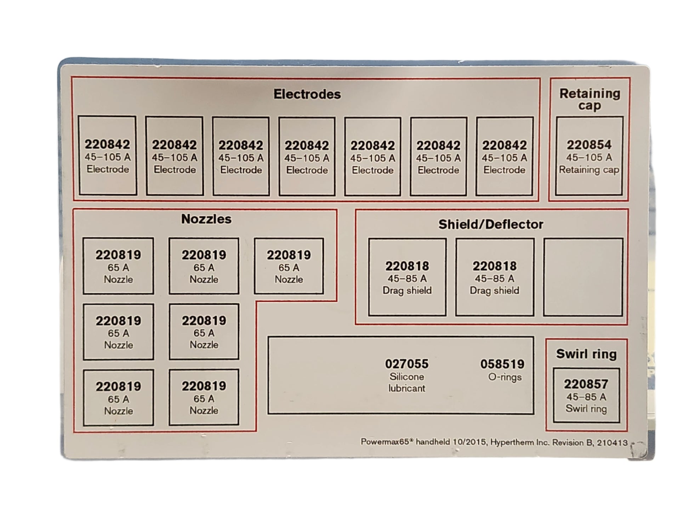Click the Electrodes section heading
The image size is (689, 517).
[307, 94]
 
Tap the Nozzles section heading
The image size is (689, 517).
[206, 219]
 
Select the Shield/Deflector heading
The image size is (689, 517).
[490, 224]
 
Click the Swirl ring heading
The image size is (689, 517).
[586, 354]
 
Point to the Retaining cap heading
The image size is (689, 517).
[590, 99]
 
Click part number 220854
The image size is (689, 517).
[589, 144]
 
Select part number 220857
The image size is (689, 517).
[586, 384]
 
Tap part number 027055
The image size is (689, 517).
[406, 364]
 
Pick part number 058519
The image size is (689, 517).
[502, 364]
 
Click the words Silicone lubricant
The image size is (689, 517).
[406, 382]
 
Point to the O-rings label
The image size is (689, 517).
[505, 377]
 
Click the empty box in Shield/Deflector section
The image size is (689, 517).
[583, 277]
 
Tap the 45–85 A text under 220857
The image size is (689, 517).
[586, 397]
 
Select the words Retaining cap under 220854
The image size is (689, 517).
[589, 170]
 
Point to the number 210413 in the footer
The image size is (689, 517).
[612, 443]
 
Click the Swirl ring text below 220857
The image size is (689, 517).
[586, 409]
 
